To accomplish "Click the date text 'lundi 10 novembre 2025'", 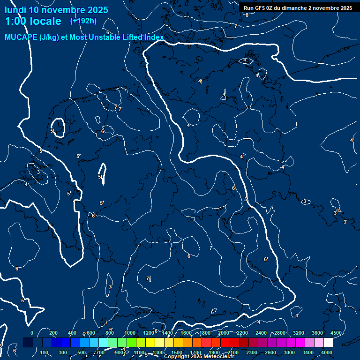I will click(56, 10).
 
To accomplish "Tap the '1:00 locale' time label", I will click(33, 21).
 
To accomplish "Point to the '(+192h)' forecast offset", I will click(83, 21).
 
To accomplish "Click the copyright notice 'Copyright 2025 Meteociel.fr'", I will click(199, 357).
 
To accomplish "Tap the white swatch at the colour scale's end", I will click(328, 343).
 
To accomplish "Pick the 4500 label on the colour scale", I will click(337, 333).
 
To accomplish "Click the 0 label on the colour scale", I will click(32, 333).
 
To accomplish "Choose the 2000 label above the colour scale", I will click(224, 333).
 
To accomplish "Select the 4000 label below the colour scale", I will click(327, 352).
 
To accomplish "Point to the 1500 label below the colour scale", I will click(177, 352).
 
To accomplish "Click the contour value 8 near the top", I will click(247, 15).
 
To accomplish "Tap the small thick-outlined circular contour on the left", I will click(58, 127).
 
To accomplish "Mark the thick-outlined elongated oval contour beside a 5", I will click(103, 174).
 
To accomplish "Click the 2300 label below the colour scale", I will click(252, 352).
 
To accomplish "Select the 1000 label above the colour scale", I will click(130, 333).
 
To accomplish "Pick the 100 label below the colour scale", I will click(45, 352).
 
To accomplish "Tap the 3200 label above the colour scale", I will click(299, 333).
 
